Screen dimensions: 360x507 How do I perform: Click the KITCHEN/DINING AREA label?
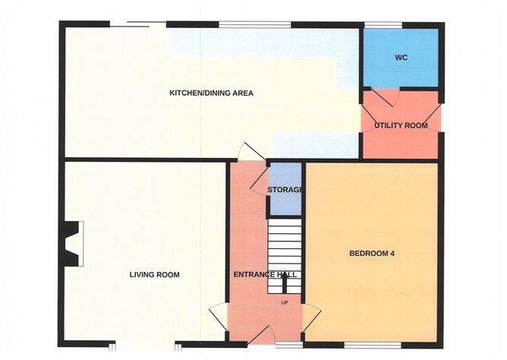[210, 93]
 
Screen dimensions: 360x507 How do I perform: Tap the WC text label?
[401, 58]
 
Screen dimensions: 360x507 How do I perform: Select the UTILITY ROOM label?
[401, 125]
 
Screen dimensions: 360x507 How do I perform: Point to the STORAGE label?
[285, 190]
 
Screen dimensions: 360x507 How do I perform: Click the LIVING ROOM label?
[154, 275]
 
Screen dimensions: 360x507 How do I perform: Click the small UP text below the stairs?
[285, 303]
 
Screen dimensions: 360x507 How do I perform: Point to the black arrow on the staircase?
[285, 283]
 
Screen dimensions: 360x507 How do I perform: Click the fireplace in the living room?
[73, 243]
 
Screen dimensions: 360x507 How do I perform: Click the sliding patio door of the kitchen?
[138, 25]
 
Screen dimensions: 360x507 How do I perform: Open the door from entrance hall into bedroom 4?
[311, 317]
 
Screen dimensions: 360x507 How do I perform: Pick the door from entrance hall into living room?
[218, 317]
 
